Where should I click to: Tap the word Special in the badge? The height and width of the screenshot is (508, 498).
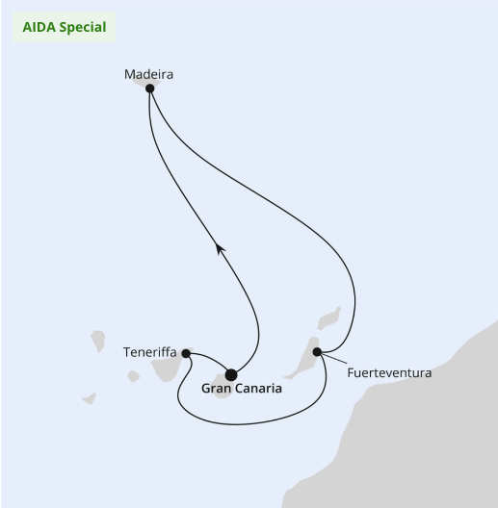pyautogui.click(x=83, y=28)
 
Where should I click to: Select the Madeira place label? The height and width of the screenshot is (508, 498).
pyautogui.click(x=148, y=74)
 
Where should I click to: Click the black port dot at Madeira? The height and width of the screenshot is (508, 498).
pyautogui.click(x=149, y=89)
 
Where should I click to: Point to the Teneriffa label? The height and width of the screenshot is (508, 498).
pyautogui.click(x=150, y=352)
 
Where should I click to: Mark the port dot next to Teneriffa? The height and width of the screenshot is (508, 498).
pyautogui.click(x=186, y=353)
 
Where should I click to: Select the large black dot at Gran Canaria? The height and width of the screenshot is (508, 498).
pyautogui.click(x=231, y=375)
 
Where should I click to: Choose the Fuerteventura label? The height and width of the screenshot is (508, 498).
pyautogui.click(x=389, y=373)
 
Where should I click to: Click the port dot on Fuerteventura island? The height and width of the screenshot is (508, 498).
pyautogui.click(x=317, y=351)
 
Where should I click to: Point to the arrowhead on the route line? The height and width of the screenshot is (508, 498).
pyautogui.click(x=220, y=249)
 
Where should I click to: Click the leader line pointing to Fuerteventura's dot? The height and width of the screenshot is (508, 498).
pyautogui.click(x=334, y=358)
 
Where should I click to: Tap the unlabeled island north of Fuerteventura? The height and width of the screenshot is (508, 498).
pyautogui.click(x=329, y=318)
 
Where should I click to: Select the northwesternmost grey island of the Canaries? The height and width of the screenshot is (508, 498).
pyautogui.click(x=98, y=341)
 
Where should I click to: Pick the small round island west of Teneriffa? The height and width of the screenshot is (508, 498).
pyautogui.click(x=133, y=376)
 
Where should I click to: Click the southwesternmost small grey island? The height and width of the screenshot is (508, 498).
pyautogui.click(x=90, y=399)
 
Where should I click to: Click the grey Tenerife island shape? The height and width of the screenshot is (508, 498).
pyautogui.click(x=169, y=367)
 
